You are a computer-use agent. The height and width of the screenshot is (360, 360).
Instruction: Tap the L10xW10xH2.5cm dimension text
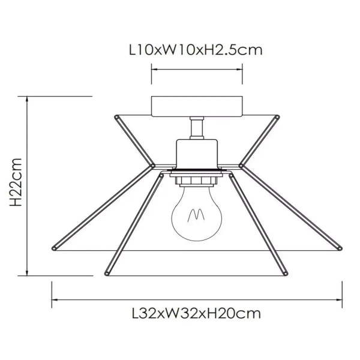[x=196, y=50]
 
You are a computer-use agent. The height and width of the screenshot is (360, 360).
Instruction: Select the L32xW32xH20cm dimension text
[x=196, y=313]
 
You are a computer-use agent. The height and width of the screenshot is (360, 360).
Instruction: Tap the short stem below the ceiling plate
[x=196, y=128]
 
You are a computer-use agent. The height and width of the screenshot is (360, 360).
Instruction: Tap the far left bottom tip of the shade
[x=53, y=247]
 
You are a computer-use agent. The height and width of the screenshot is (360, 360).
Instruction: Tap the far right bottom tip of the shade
[x=340, y=247]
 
